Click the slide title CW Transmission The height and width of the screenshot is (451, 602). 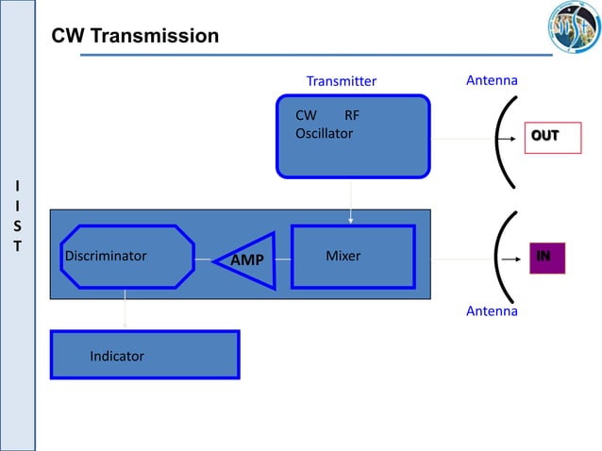point(135,37)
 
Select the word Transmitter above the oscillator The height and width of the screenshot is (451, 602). point(341,81)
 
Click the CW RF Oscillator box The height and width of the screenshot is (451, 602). point(352,136)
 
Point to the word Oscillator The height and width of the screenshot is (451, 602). point(324,134)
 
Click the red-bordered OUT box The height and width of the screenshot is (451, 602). point(553,137)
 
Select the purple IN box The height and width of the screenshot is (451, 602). point(544,257)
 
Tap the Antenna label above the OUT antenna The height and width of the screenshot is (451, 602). point(492,81)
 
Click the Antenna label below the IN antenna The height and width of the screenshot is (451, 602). point(492,310)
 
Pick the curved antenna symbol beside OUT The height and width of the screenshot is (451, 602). point(502,138)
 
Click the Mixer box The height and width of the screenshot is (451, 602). point(352,256)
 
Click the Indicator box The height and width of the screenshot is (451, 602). point(144,355)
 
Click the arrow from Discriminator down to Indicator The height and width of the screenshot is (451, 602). point(124,308)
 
